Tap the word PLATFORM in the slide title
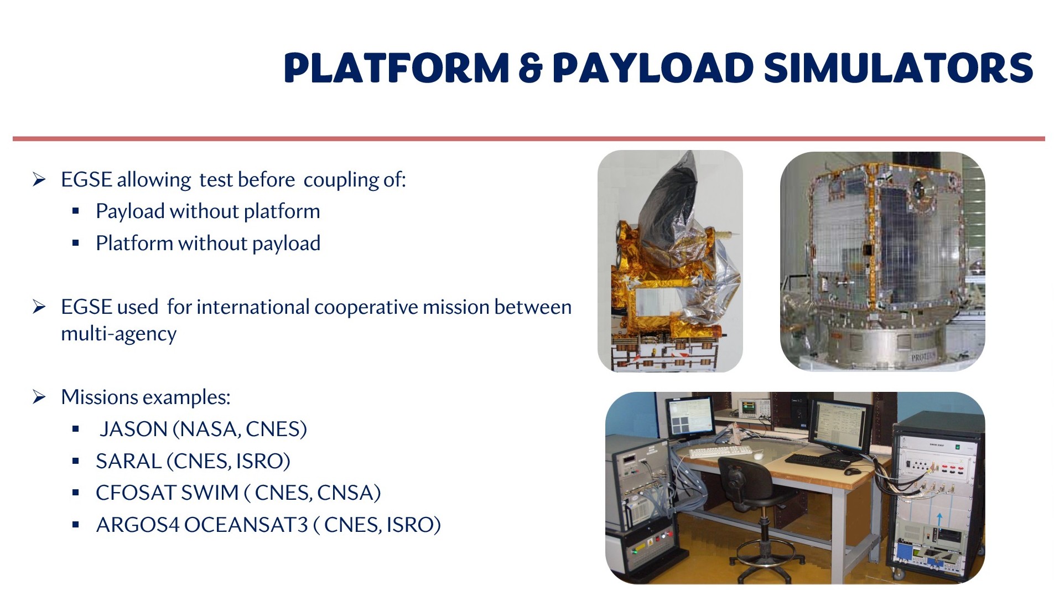(396, 68)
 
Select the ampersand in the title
(530, 68)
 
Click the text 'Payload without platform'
(207, 211)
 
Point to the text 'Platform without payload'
(208, 244)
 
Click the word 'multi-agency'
(118, 334)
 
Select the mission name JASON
(133, 429)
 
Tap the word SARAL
(128, 461)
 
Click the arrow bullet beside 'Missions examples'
(39, 397)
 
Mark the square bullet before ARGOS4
(76, 525)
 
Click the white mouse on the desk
(758, 456)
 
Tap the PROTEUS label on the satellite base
(922, 357)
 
